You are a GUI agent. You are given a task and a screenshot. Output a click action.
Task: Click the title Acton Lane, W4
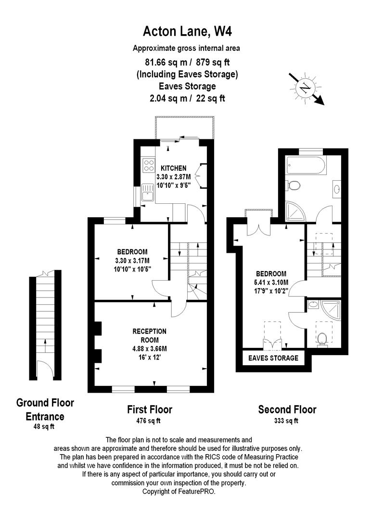point(184,32)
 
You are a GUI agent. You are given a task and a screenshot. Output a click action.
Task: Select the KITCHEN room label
point(173,168)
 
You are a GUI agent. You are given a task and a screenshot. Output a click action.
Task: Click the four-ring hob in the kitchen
point(148,166)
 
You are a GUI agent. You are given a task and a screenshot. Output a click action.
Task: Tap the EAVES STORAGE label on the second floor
point(273,358)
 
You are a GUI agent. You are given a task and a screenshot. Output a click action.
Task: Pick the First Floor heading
point(149,409)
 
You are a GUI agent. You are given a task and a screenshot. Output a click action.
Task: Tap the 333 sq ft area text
point(287,421)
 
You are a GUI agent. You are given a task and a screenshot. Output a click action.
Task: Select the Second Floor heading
point(287,409)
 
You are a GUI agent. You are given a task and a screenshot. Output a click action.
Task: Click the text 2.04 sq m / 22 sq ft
point(187,98)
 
